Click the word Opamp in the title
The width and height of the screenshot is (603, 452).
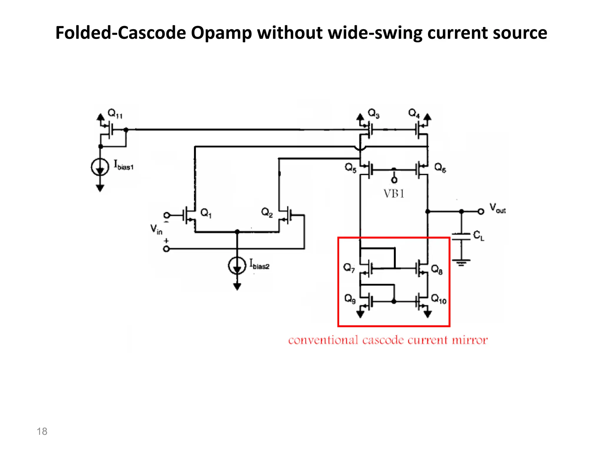coord(221,33)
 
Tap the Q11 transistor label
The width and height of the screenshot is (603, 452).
coord(115,114)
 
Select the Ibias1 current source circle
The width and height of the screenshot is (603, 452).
coord(100,167)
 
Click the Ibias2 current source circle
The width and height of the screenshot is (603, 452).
coord(237,265)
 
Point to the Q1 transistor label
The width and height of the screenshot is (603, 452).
coord(206,213)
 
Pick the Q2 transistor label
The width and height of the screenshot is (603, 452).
coord(267,212)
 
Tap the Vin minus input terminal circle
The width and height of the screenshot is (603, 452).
coord(166,215)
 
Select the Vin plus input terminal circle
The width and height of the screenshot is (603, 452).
coord(166,249)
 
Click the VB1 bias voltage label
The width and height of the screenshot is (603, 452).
coord(394,194)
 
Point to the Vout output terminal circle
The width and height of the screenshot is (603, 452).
coord(481,211)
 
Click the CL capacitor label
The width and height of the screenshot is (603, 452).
coord(478,235)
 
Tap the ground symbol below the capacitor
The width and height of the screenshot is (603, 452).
coord(461,262)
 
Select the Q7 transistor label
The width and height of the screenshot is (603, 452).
coord(349,268)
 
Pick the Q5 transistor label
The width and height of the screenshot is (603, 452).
coord(350,168)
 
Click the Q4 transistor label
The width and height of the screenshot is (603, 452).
coord(414,113)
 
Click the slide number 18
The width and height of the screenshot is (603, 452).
coord(42,431)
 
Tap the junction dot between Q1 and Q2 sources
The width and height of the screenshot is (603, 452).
coord(237,232)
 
